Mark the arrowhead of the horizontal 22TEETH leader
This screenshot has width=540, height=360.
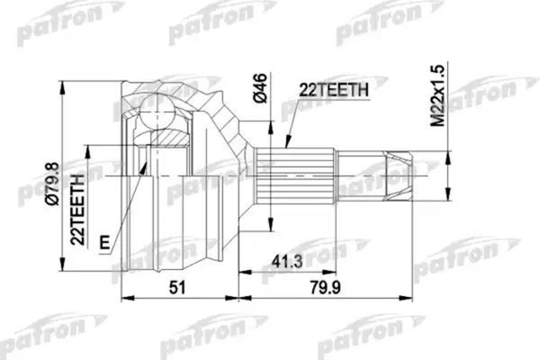pos(286,144)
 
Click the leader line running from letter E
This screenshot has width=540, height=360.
pos(126,202)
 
